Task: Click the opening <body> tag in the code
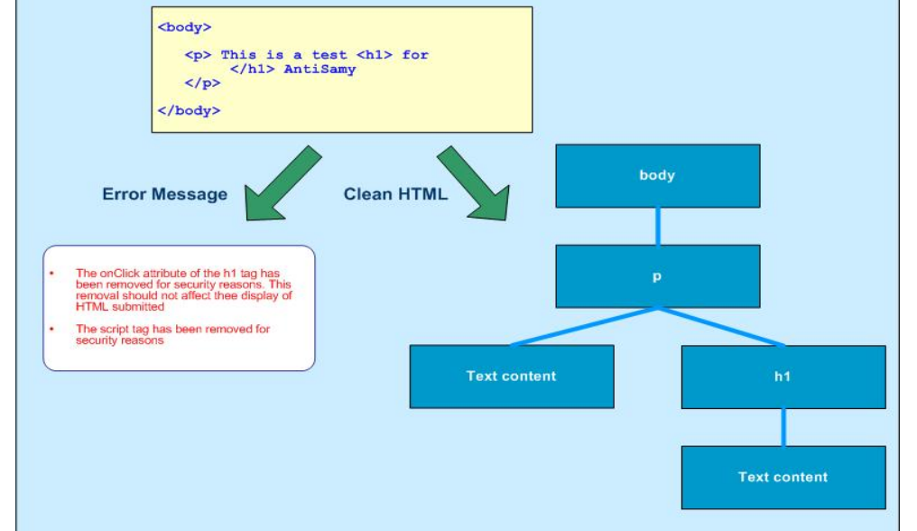[184, 27]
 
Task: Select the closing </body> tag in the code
[189, 110]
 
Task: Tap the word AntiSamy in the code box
[320, 69]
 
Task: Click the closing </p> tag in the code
[202, 83]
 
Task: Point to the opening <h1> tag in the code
[375, 55]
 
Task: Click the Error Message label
[164, 194]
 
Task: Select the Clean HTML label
[395, 194]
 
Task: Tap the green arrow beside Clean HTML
[475, 184]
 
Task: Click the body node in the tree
[657, 176]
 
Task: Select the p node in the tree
[657, 276]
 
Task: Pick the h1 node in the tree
[783, 377]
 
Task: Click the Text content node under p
[512, 377]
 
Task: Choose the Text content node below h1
[783, 477]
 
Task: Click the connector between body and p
[657, 226]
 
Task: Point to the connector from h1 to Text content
[783, 427]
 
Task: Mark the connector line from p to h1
[722, 327]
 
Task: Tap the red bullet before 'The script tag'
[52, 330]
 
